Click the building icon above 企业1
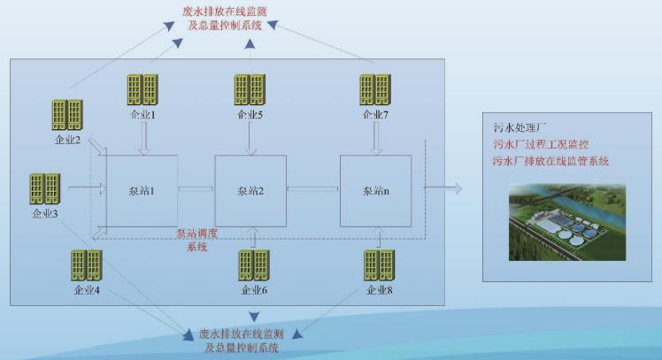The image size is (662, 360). (x=140, y=90)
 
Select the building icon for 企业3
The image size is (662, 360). (x=43, y=189)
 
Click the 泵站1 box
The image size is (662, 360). (x=142, y=189)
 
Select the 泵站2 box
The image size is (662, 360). (x=250, y=189)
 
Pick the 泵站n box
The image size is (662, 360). (x=375, y=189)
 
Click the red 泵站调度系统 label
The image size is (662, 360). (x=197, y=240)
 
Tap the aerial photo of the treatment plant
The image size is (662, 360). (x=566, y=222)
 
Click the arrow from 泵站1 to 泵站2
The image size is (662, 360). (x=196, y=188)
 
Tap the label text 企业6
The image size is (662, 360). (x=254, y=290)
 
